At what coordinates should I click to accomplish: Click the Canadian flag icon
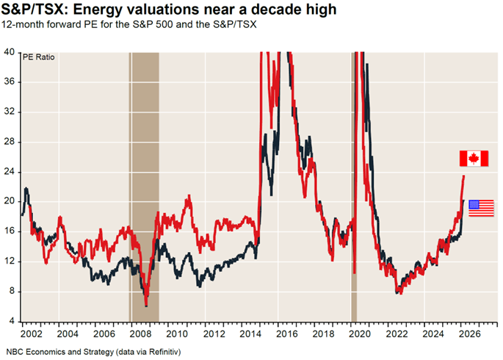coord(474,158)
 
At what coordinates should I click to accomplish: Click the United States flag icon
coord(481,207)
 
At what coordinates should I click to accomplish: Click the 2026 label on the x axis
coord(470,333)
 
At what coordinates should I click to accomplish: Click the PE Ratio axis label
coord(38,57)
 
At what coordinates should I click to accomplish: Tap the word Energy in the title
coord(95,10)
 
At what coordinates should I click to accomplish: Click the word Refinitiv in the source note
coord(156,350)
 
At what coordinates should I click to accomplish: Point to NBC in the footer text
coord(15,350)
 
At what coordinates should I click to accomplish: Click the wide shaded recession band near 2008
coord(145,184)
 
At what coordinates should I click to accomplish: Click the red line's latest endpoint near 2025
coord(463,176)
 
